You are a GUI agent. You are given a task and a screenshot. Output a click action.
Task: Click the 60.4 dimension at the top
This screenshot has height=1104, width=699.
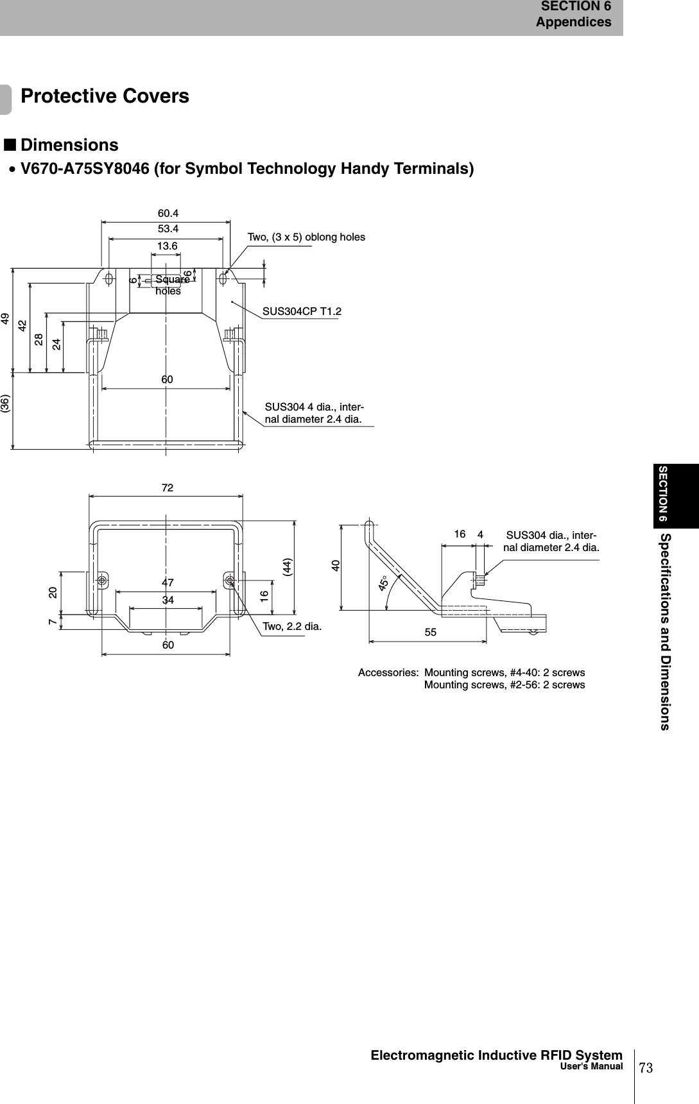(x=168, y=213)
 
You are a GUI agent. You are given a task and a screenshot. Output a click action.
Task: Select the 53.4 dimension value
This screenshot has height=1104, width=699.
(x=168, y=228)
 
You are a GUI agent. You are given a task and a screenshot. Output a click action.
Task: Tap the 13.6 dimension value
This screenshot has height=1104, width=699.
(x=168, y=246)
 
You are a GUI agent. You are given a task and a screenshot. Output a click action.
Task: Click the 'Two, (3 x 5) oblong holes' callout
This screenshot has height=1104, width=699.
(x=306, y=237)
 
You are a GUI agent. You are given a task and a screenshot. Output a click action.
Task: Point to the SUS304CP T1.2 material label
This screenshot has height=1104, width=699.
(x=302, y=312)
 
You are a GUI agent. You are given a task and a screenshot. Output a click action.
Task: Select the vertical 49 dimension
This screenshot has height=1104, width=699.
(x=6, y=318)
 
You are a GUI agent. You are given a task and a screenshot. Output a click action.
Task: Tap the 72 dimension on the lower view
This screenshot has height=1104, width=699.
(x=168, y=488)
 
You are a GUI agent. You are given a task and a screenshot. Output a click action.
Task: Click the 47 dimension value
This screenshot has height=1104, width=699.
(x=168, y=583)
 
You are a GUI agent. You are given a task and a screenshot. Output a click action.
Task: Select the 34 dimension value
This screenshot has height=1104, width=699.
(x=168, y=600)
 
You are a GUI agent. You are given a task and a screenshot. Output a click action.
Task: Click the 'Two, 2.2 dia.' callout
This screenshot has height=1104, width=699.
(x=292, y=625)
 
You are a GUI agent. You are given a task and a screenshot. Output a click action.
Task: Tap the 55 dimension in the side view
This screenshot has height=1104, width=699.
(x=430, y=633)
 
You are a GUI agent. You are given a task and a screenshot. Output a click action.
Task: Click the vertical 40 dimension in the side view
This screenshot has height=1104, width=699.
(x=335, y=566)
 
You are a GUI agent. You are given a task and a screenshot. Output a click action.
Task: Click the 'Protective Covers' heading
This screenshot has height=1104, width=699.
(x=105, y=96)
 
